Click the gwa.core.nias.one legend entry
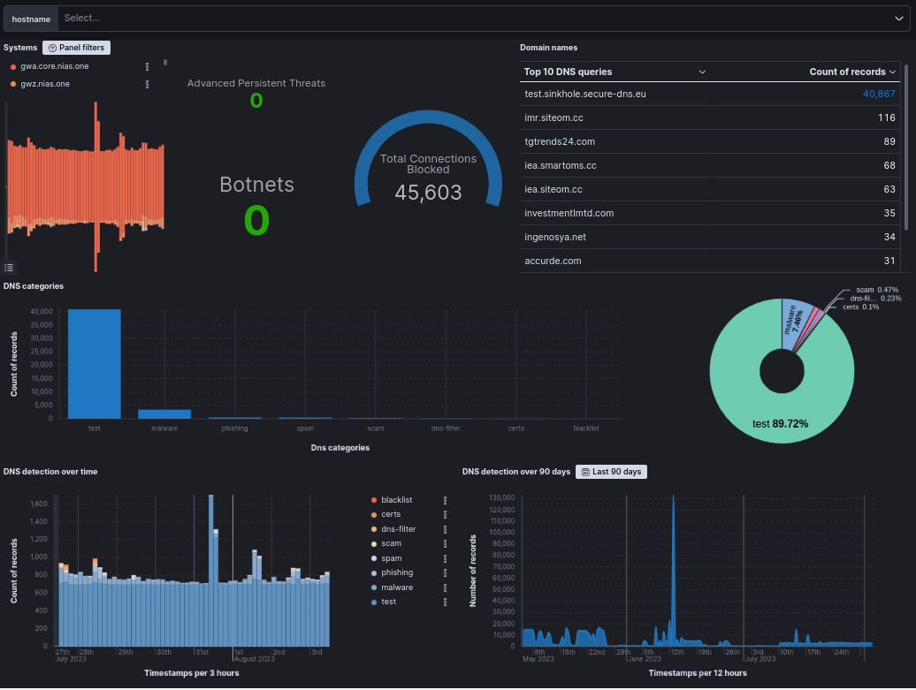pyautogui.click(x=54, y=66)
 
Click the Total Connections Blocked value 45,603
pyautogui.click(x=428, y=193)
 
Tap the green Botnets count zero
pyautogui.click(x=256, y=220)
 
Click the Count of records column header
pyautogui.click(x=848, y=72)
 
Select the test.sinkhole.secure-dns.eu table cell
pyautogui.click(x=579, y=94)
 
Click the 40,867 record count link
pyautogui.click(x=879, y=94)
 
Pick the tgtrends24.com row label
pyautogui.click(x=560, y=141)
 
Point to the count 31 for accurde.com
pyautogui.click(x=889, y=261)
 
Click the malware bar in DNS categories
pyautogui.click(x=164, y=413)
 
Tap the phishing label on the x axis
pyautogui.click(x=235, y=428)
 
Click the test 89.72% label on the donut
pyautogui.click(x=780, y=424)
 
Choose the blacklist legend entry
pyautogui.click(x=396, y=500)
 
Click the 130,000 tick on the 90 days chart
pyautogui.click(x=500, y=498)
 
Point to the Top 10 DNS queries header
pyautogui.click(x=568, y=72)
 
